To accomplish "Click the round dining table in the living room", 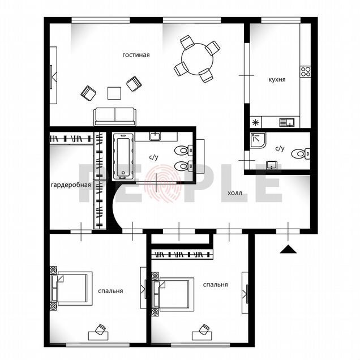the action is coord(197,59).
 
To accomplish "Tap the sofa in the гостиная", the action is coord(115,117).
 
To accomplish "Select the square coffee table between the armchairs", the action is coord(114,93).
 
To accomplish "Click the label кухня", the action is coord(277,80).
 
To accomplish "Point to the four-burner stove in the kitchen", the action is coord(305,71).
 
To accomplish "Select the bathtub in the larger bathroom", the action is coord(123,156).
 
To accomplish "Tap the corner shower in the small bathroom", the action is coord(258,140).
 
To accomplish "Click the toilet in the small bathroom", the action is coord(301,153).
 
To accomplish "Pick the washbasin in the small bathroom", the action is coord(272,165).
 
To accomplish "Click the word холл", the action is coord(235,193).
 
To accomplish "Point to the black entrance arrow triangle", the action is coord(288,249).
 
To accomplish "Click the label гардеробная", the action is coord(71,185).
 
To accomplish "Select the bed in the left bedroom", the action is coord(71,289).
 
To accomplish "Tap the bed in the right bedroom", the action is coord(173,294).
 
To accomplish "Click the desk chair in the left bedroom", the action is coord(100,330).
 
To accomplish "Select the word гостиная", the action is coord(136,55).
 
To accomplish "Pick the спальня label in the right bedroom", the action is coord(215,285).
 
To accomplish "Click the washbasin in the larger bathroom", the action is coord(156,136).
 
